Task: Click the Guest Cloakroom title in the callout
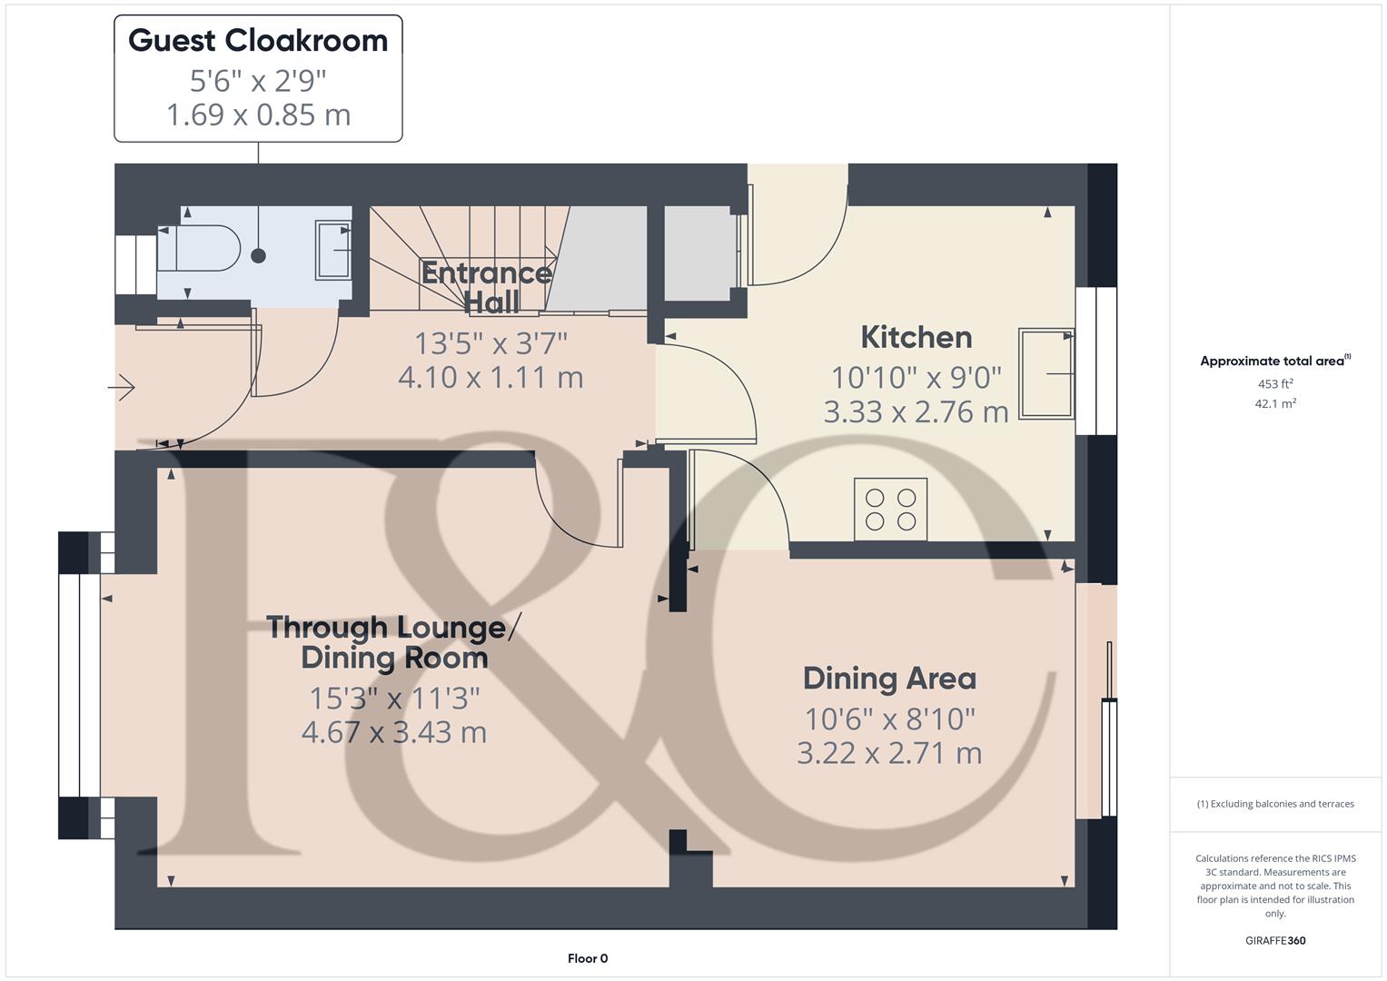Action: [258, 41]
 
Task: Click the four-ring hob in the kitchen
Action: [890, 509]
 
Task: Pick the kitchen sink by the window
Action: [1046, 373]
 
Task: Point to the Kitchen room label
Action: [916, 337]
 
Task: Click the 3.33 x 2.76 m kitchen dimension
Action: [916, 411]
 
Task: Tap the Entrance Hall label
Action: [489, 287]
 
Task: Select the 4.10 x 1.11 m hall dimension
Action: [490, 377]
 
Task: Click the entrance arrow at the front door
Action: [122, 389]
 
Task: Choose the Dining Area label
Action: [889, 679]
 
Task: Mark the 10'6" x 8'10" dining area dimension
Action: [889, 719]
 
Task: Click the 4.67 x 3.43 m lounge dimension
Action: [393, 732]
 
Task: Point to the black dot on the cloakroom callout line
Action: [258, 256]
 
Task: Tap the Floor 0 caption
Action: [588, 958]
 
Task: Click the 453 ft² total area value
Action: [1275, 383]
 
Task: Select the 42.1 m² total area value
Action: [1275, 403]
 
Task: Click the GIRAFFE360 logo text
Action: [1275, 940]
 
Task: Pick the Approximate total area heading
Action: [1273, 361]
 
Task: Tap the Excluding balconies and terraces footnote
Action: [1275, 804]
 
